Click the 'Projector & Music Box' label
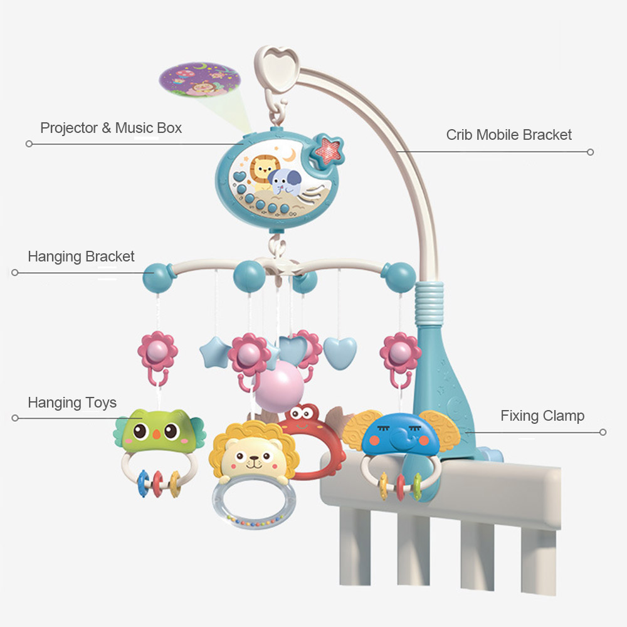click(x=111, y=129)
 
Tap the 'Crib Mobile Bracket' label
click(x=508, y=135)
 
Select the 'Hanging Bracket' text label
click(x=81, y=256)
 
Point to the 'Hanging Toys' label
click(x=72, y=403)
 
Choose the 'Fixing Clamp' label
click(x=542, y=416)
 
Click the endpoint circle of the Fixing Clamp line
click(x=603, y=431)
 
